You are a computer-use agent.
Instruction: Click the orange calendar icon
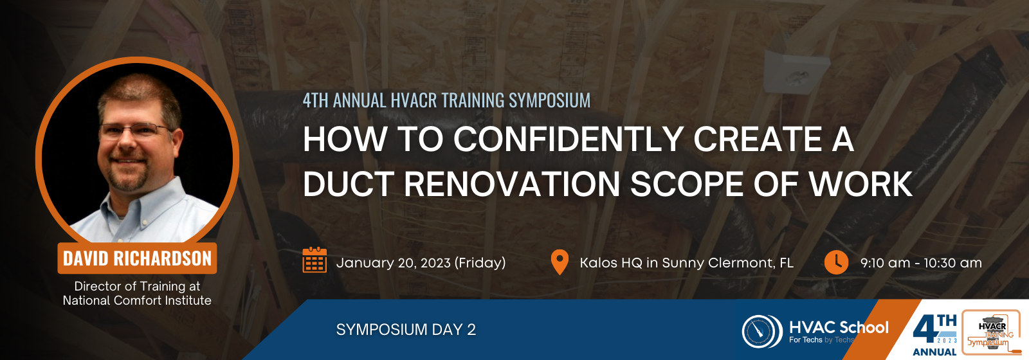314,260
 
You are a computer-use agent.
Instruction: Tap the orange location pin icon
560,262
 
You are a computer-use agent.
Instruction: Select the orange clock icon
836,262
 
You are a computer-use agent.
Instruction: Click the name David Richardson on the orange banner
137,258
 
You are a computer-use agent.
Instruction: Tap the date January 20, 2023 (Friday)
421,263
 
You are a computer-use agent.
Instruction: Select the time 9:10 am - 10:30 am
921,263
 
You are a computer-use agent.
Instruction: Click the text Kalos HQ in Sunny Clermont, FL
686,263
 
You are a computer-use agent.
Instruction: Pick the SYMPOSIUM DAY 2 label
406,330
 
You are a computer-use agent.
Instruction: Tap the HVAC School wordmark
839,327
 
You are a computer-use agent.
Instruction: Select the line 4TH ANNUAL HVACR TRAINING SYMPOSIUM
446,100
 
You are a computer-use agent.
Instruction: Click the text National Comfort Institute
137,301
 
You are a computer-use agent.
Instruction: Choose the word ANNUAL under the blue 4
934,352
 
